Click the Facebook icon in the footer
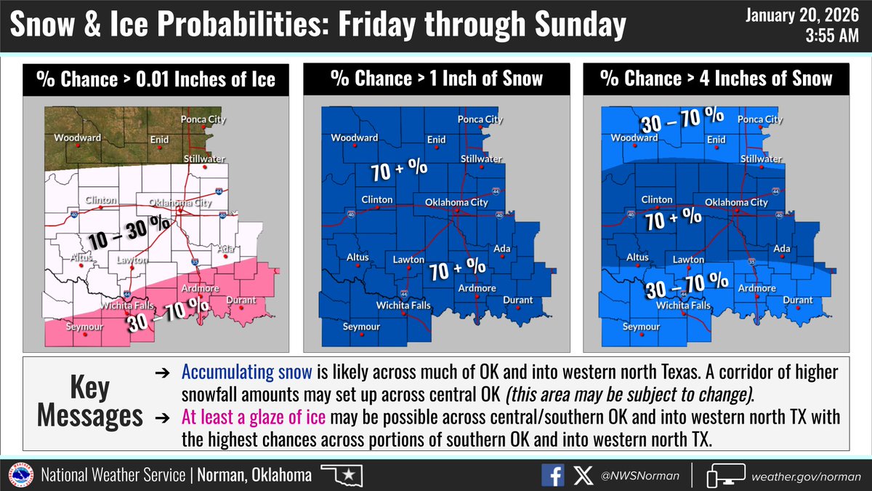coord(553,475)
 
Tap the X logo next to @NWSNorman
coord(578,475)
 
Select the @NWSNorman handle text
coord(631,476)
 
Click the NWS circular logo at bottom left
coord(20,476)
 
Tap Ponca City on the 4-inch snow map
coord(761,119)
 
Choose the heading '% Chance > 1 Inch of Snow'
coord(436,79)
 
